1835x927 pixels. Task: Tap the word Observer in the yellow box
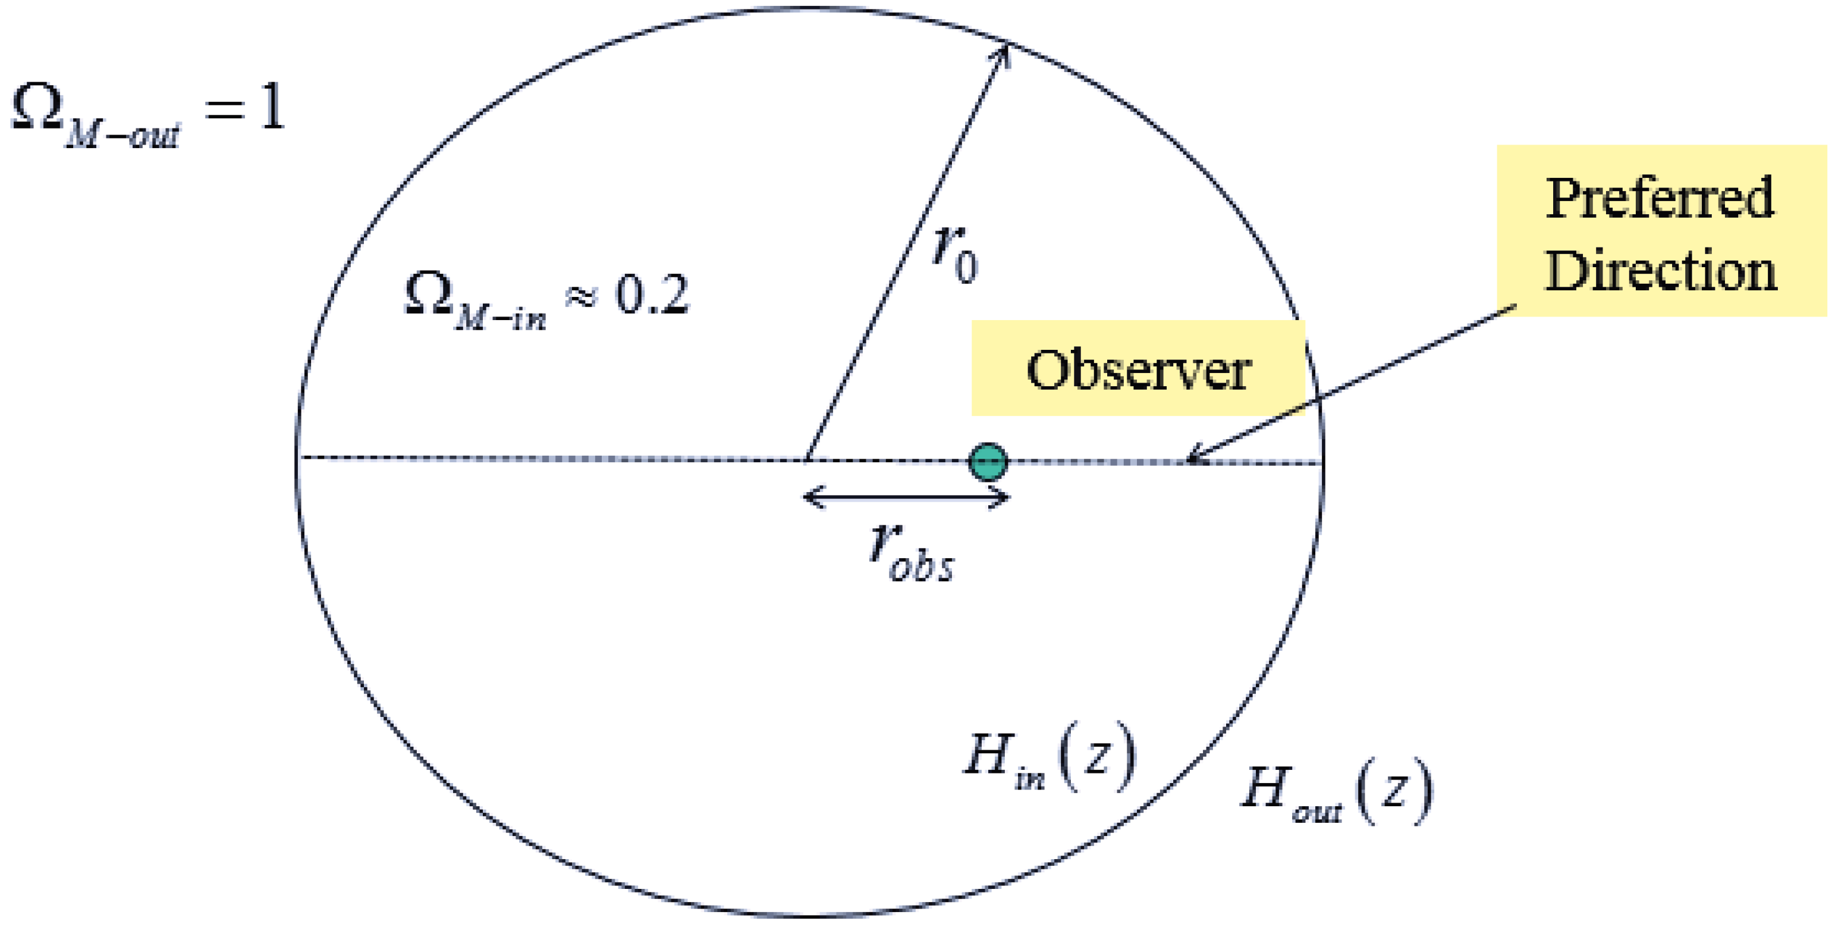[1138, 370]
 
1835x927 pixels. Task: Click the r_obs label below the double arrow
[911, 553]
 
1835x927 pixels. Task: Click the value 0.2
[652, 295]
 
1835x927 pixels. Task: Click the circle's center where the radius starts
[806, 458]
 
